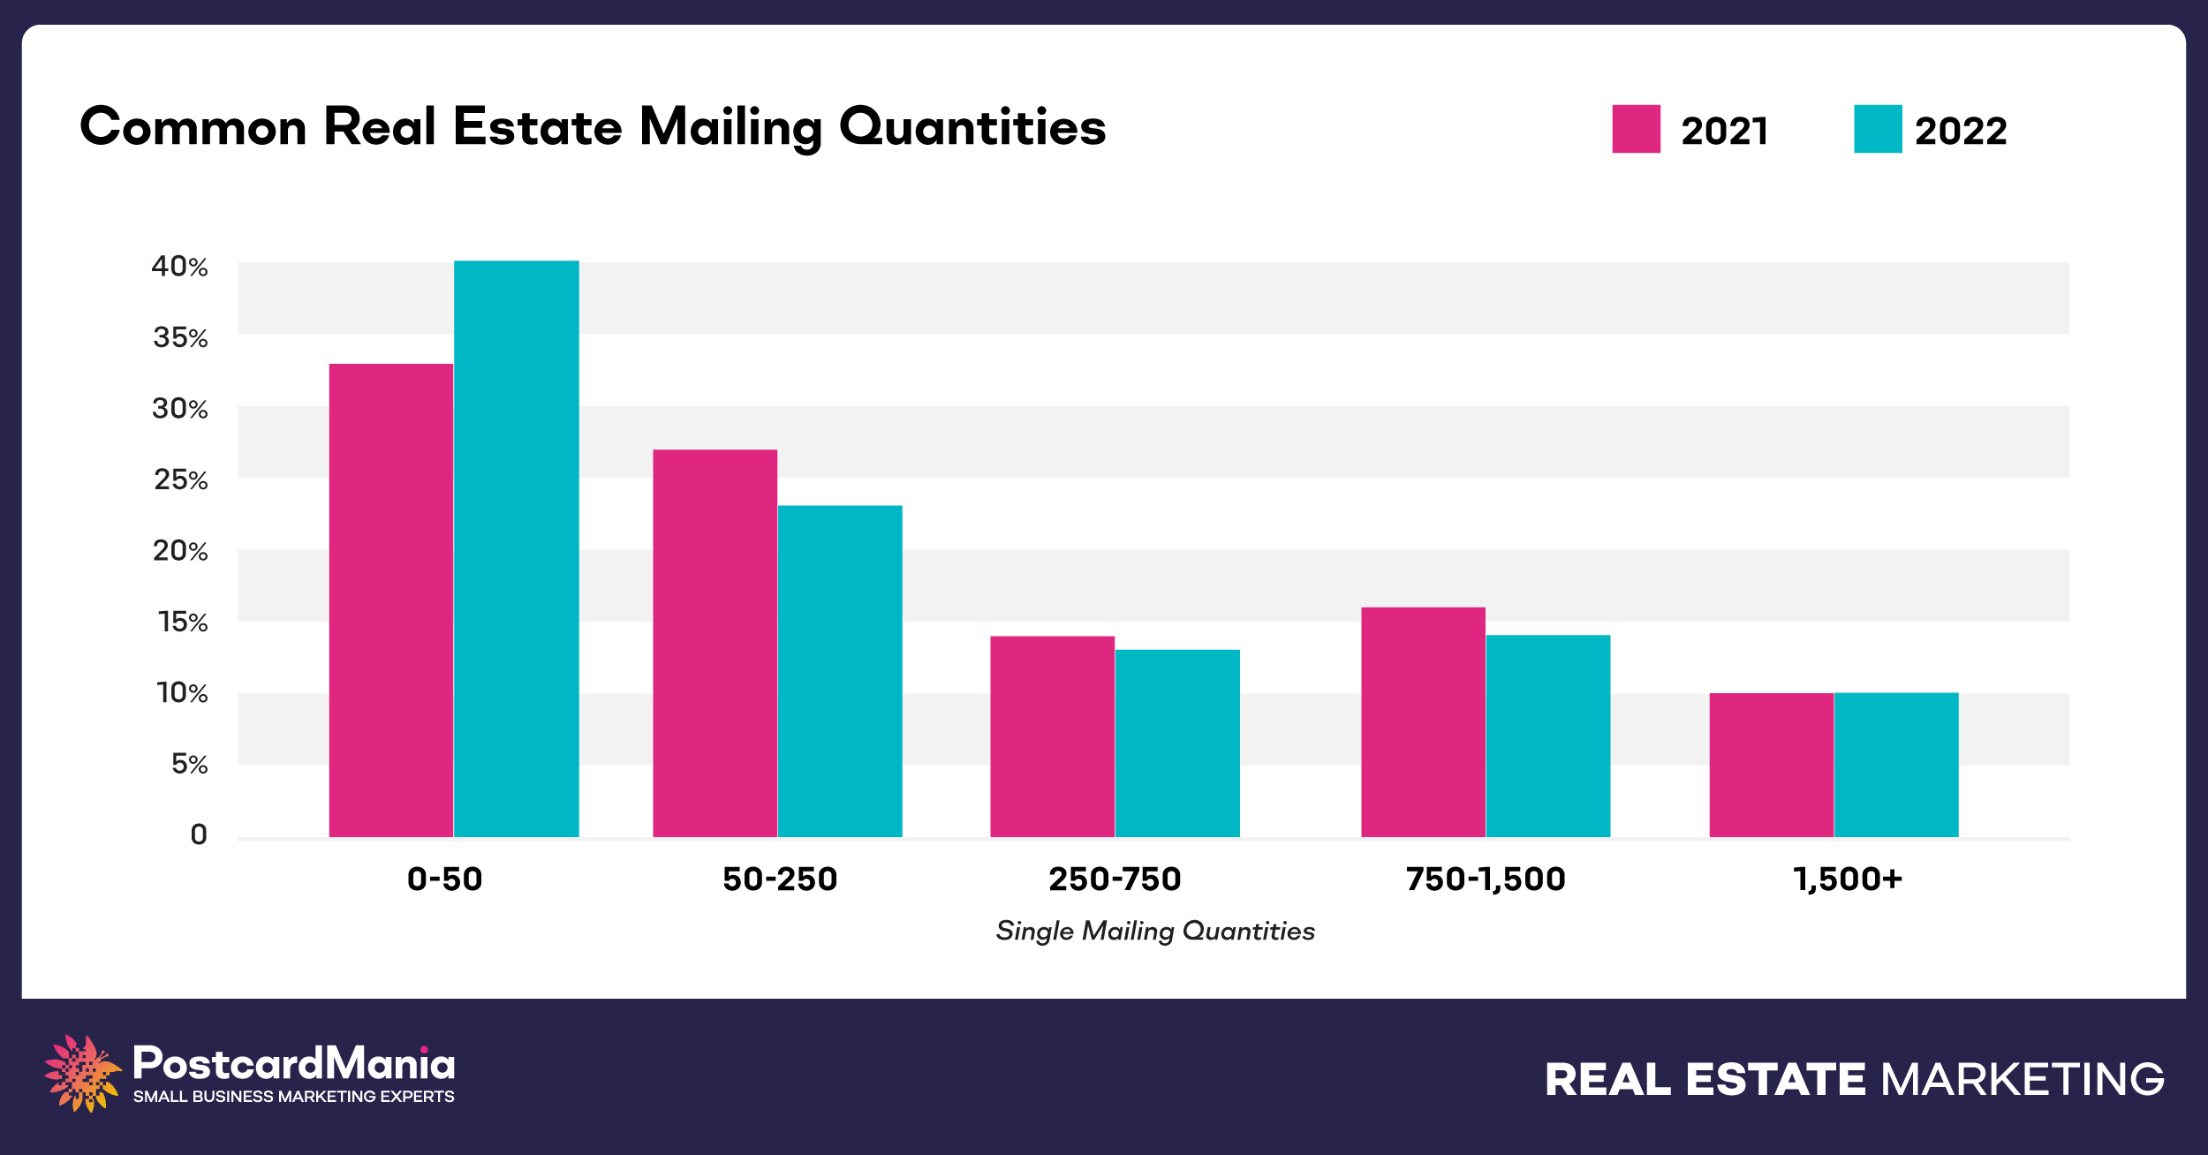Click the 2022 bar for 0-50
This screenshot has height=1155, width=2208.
(516, 547)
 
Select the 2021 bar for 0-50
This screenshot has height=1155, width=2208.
(390, 600)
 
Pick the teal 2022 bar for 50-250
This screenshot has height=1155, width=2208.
(840, 671)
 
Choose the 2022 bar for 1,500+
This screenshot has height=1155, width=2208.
(1896, 765)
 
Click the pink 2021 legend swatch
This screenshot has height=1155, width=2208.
(1636, 129)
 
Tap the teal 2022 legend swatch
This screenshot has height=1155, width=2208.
(1878, 129)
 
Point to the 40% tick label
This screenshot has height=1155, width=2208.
(179, 267)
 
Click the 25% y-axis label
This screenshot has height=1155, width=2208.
(180, 480)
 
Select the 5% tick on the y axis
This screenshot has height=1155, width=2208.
(189, 765)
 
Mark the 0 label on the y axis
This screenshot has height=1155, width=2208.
(199, 835)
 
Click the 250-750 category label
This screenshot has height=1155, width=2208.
(1115, 879)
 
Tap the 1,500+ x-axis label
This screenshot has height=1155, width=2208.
(1848, 879)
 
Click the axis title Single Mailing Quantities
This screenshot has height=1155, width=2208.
(1155, 931)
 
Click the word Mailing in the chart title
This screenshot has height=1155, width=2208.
(730, 128)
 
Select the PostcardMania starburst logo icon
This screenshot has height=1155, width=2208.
(82, 1073)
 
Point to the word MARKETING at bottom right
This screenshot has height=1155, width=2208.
(2023, 1080)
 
